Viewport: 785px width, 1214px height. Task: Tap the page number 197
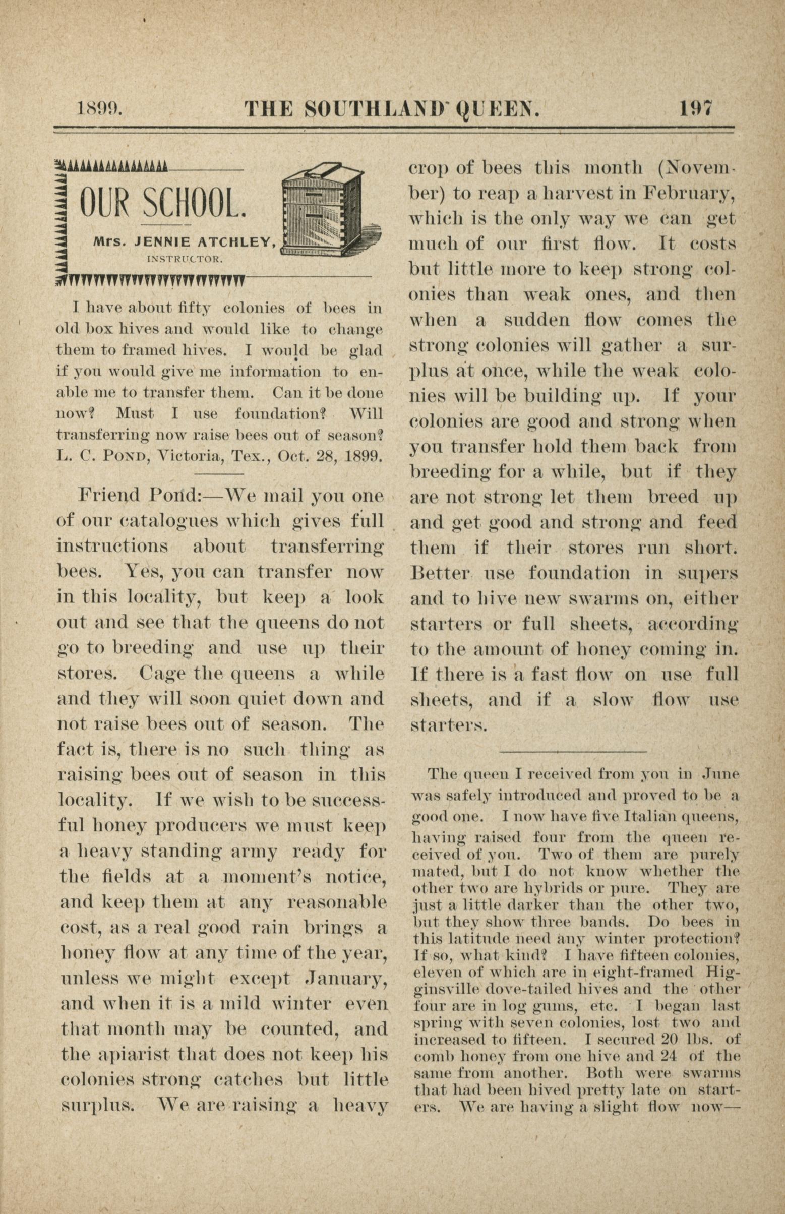pyautogui.click(x=696, y=108)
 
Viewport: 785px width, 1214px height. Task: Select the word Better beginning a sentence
pyautogui.click(x=440, y=573)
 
